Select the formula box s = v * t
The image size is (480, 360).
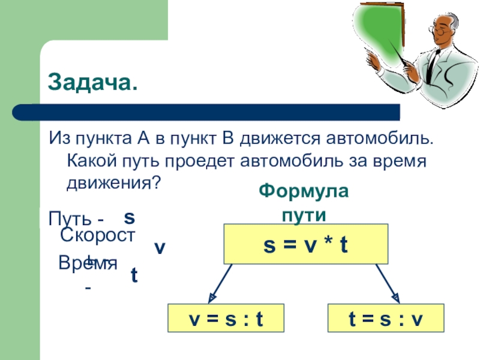pos(306,244)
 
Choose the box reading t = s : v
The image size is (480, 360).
pos(386,319)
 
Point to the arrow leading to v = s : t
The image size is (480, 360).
pos(221,283)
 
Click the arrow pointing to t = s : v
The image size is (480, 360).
pos(387,283)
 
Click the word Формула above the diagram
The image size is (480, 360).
pos(303,192)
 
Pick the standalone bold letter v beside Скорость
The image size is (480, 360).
pos(160,248)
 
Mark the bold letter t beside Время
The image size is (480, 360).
pos(134,275)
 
